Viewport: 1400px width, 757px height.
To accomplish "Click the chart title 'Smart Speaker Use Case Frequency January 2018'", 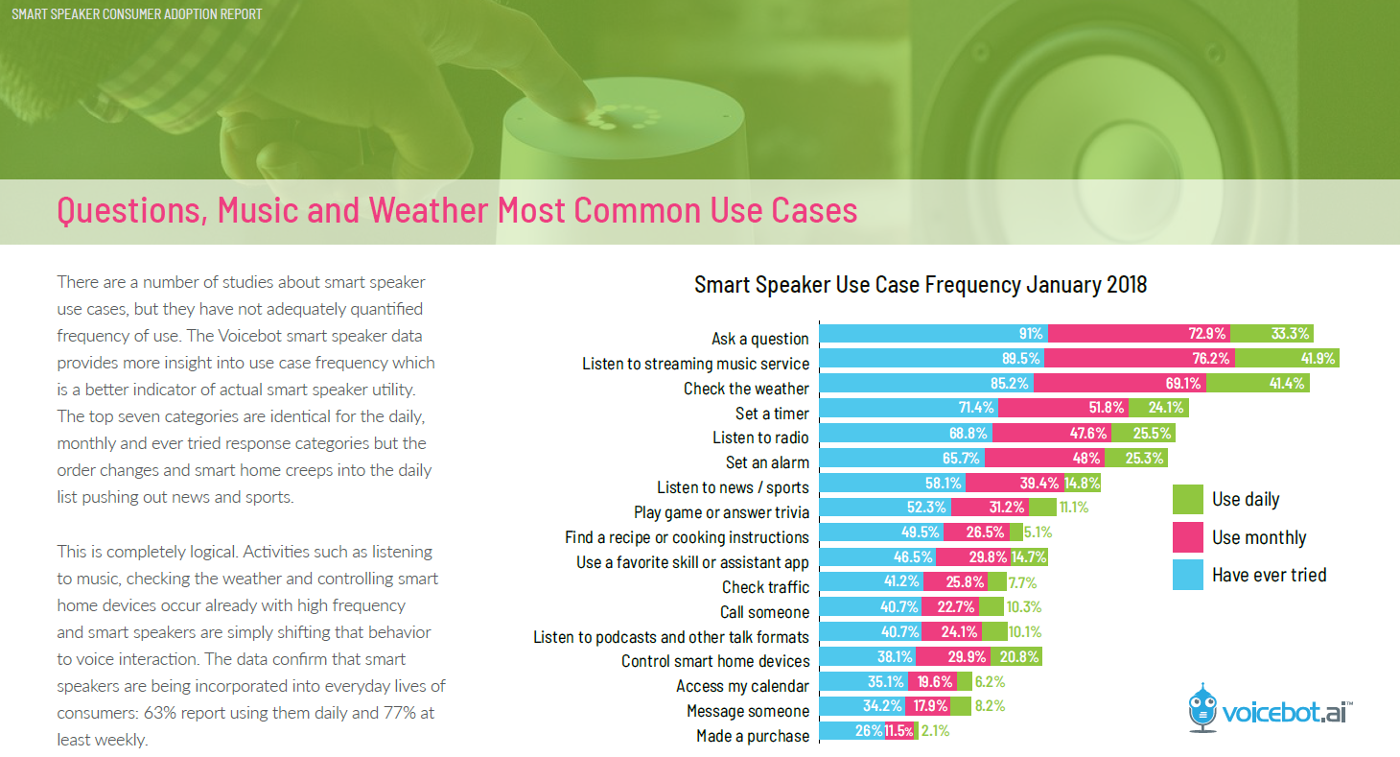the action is click(921, 285).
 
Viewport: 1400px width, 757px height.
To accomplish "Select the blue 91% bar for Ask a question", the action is click(934, 333).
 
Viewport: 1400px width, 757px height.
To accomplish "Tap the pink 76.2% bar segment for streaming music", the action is click(1139, 358).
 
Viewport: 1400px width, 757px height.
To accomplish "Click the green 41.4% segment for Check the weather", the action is click(1257, 383).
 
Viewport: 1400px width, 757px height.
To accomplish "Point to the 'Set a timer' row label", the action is click(772, 414).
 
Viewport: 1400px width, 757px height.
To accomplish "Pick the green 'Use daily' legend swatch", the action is click(1187, 499).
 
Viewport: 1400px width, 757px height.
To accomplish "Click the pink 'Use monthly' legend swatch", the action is click(1187, 537).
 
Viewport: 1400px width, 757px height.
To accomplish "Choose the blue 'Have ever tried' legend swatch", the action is click(1187, 575).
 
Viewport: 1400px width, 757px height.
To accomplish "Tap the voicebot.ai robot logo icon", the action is click(1202, 708).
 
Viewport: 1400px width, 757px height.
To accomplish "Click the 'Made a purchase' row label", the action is click(753, 736).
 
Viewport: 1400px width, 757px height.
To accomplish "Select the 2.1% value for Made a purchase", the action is click(935, 731).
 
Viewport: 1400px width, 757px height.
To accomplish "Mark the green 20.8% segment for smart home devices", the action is click(1016, 656).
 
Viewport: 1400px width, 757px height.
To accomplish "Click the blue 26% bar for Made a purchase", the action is click(852, 731).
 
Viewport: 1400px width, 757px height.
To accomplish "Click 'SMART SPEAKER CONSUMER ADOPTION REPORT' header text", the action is click(137, 13).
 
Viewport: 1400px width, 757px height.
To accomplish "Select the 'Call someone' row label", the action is click(764, 612).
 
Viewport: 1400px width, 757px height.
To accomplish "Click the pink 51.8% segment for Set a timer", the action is click(1063, 408).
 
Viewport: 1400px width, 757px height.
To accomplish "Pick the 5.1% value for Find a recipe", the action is click(1038, 532).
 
